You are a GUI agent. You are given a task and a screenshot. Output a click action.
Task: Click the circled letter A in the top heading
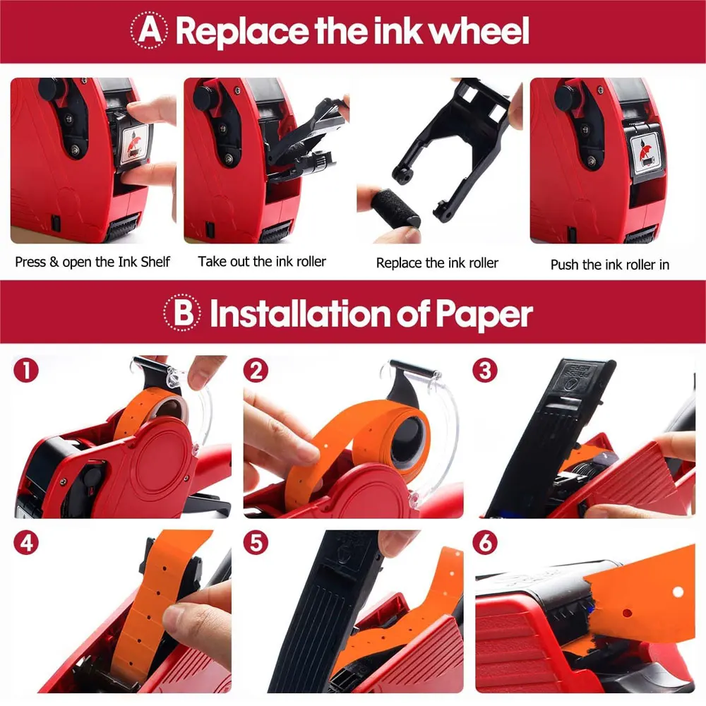pyautogui.click(x=150, y=30)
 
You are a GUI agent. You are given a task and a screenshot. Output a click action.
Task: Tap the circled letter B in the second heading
pyautogui.click(x=182, y=313)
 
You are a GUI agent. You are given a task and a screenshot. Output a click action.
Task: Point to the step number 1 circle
pyautogui.click(x=26, y=371)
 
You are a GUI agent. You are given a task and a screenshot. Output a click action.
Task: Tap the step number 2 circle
pyautogui.click(x=256, y=371)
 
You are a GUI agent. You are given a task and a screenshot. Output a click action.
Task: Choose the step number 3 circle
pyautogui.click(x=485, y=371)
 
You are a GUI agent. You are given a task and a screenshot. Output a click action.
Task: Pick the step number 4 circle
pyautogui.click(x=26, y=542)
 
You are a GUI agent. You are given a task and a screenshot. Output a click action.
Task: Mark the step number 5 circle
pyautogui.click(x=256, y=542)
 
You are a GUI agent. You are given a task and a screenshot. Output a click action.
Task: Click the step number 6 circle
pyautogui.click(x=485, y=542)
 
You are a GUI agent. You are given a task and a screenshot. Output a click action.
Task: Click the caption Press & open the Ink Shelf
pyautogui.click(x=92, y=262)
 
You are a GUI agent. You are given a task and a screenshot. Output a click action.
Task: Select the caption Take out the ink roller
pyautogui.click(x=262, y=261)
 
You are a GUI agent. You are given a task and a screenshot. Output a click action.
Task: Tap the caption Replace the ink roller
pyautogui.click(x=437, y=263)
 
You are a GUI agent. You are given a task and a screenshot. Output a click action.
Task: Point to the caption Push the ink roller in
pyautogui.click(x=610, y=264)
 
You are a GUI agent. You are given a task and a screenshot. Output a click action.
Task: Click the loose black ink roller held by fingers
pyautogui.click(x=395, y=208)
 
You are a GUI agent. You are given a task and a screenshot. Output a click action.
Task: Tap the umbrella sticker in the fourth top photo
pyautogui.click(x=644, y=152)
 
